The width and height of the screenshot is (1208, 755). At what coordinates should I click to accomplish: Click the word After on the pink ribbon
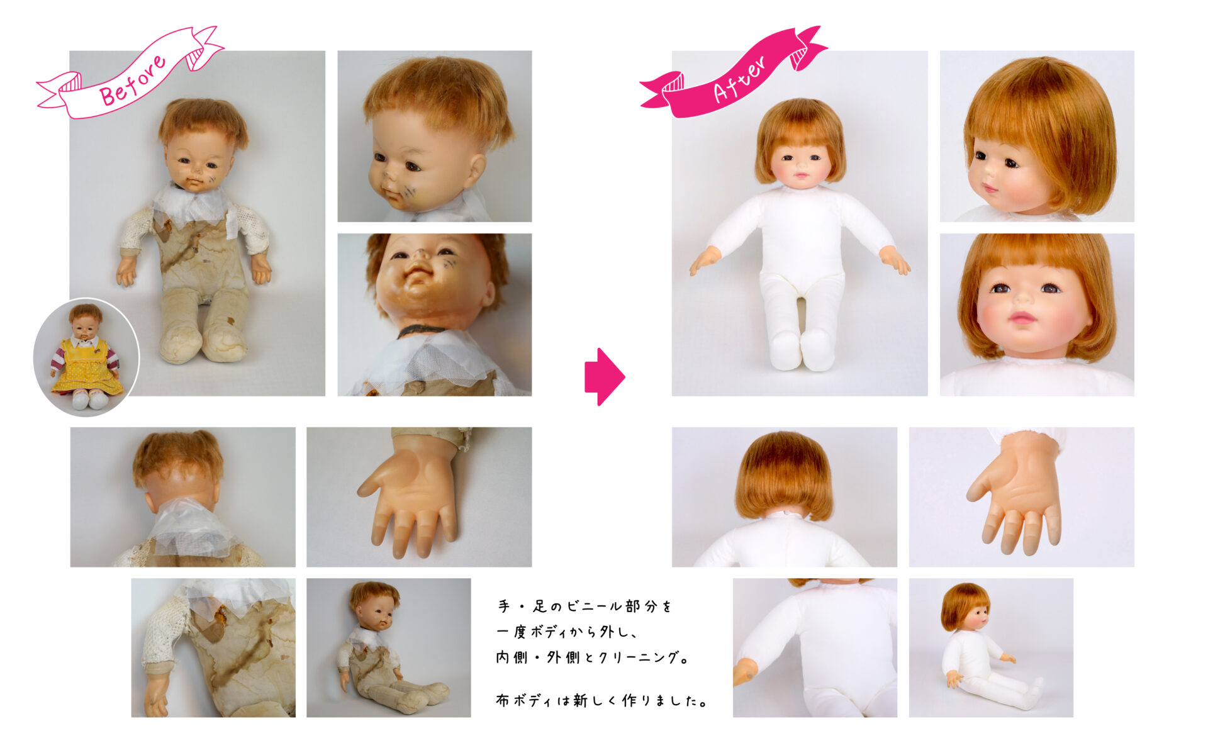(x=740, y=79)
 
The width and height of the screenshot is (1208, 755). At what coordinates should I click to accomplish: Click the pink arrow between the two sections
(x=605, y=376)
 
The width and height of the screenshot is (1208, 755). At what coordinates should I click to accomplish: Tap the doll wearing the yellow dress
(x=86, y=357)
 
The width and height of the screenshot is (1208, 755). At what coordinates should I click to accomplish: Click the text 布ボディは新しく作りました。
(x=602, y=700)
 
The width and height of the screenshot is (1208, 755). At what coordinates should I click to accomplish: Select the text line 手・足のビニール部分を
(x=585, y=607)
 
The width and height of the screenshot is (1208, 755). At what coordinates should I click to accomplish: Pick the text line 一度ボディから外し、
(x=568, y=632)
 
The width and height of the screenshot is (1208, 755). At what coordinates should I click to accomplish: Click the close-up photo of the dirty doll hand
(x=419, y=497)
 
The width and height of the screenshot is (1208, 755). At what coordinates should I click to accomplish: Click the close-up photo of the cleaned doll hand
(x=1021, y=497)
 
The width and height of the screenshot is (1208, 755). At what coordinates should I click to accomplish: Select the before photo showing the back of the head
(x=182, y=497)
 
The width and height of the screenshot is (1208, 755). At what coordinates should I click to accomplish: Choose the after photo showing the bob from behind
(x=784, y=497)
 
